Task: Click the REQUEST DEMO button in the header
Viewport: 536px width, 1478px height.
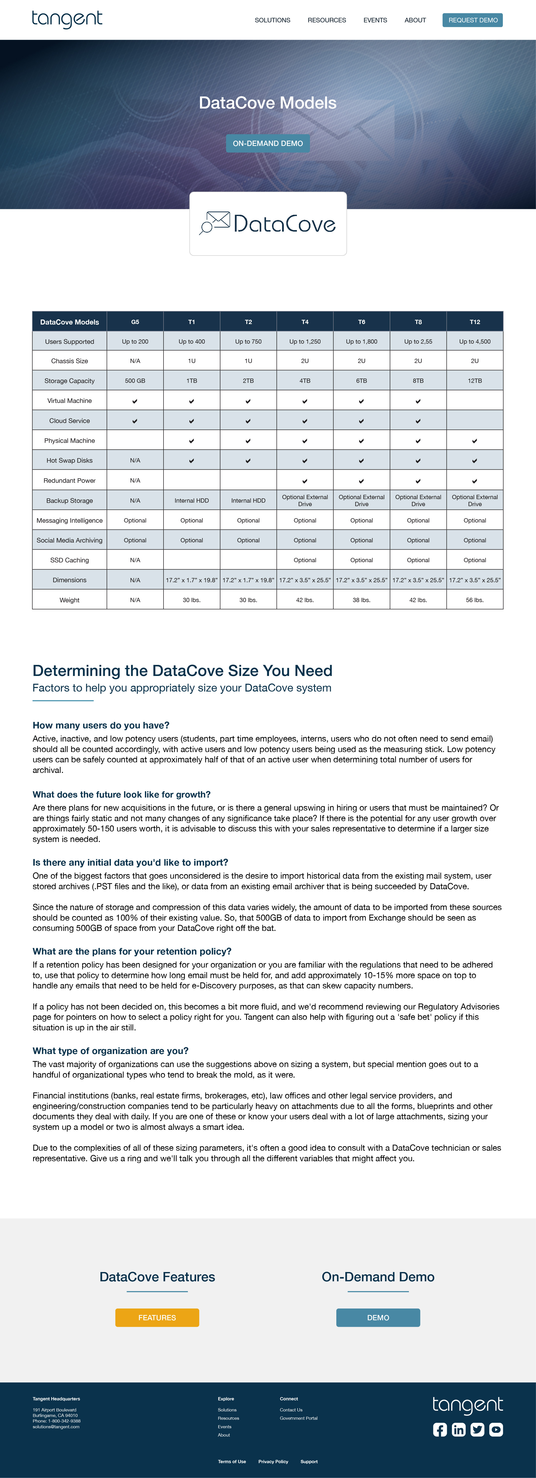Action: [472, 20]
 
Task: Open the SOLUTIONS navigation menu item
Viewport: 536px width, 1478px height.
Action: [273, 20]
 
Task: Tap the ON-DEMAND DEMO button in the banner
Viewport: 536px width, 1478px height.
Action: [267, 143]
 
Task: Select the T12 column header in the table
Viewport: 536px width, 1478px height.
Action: [475, 322]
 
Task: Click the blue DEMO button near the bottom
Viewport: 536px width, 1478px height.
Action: [378, 1317]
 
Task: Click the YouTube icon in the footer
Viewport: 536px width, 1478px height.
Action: [496, 1429]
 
